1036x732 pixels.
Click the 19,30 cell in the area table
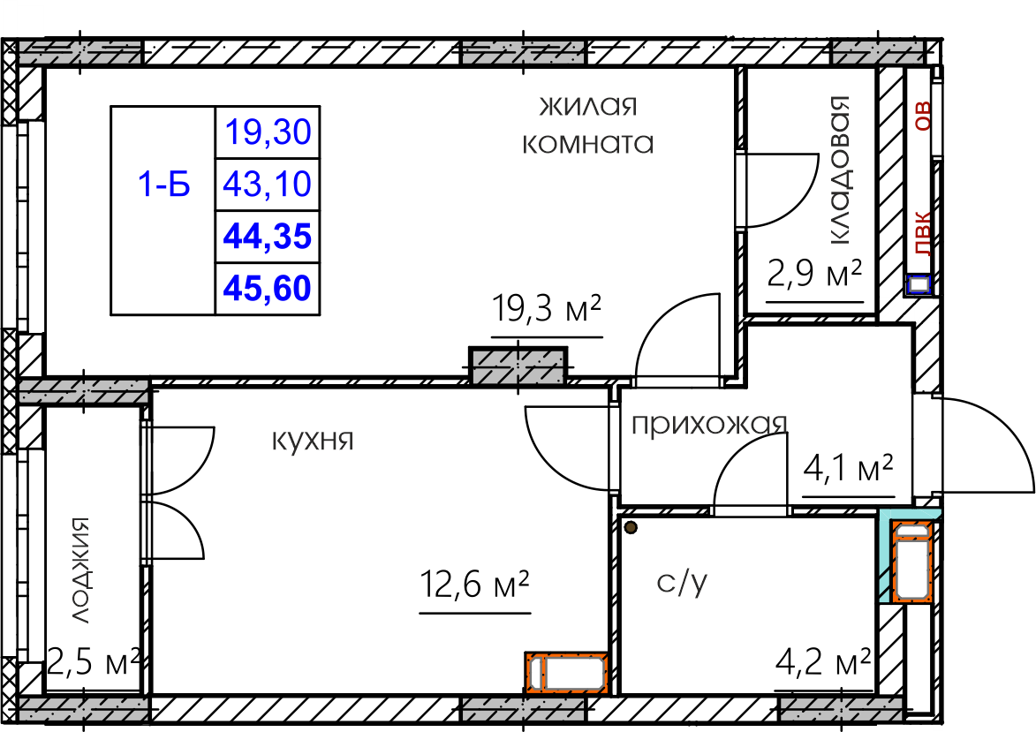268,132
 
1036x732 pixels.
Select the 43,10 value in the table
268,184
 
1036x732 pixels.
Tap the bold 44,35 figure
268,237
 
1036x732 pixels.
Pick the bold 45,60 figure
268,289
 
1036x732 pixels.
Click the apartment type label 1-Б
164,184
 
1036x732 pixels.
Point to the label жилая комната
588,125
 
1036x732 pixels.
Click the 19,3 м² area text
547,308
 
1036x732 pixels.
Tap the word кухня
314,440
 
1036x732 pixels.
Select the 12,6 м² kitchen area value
475,584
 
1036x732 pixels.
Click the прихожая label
709,425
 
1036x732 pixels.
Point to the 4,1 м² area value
849,468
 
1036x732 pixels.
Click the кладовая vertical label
840,171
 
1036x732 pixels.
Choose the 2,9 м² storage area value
815,274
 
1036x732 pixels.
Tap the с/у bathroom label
683,582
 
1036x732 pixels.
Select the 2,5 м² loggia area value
93,662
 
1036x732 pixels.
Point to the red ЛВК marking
922,233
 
